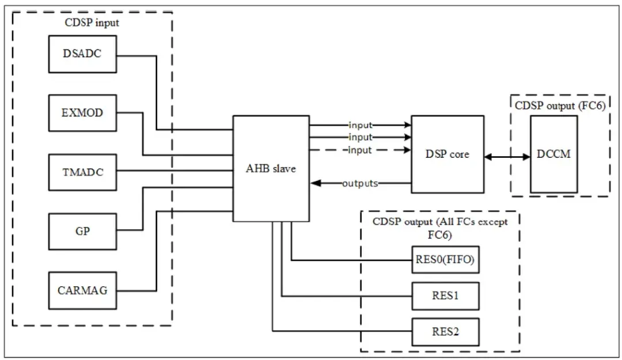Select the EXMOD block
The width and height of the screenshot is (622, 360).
pyautogui.click(x=82, y=112)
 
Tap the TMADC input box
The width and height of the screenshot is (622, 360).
pyautogui.click(x=82, y=172)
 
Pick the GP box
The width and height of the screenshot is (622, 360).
pyautogui.click(x=82, y=231)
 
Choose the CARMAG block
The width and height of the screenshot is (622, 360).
pyautogui.click(x=82, y=290)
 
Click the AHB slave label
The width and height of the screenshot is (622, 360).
pyautogui.click(x=271, y=169)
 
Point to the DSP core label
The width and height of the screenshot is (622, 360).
pyautogui.click(x=447, y=154)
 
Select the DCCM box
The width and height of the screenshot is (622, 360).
pyautogui.click(x=553, y=154)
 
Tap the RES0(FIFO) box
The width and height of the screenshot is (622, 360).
pyautogui.click(x=445, y=260)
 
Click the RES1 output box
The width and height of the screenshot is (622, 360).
pyautogui.click(x=445, y=296)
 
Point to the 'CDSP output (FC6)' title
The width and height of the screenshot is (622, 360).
pyautogui.click(x=560, y=105)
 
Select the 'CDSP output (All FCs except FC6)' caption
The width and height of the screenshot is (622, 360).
pyautogui.click(x=440, y=228)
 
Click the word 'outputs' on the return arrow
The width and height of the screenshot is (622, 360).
pyautogui.click(x=360, y=184)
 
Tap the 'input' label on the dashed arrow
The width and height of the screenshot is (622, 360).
pyautogui.click(x=360, y=150)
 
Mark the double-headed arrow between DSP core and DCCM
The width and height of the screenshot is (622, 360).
pyautogui.click(x=507, y=156)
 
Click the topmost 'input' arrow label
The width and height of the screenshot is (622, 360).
pyautogui.click(x=360, y=125)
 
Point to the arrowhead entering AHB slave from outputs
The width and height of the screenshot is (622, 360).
pyautogui.click(x=314, y=184)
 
